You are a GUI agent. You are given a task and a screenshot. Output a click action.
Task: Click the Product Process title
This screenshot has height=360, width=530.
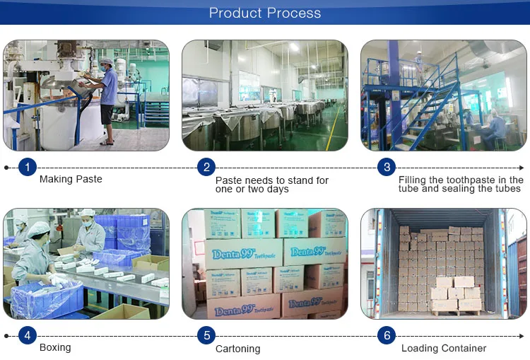[265, 13]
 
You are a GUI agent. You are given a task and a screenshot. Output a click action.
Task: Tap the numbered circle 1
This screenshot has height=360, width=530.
[28, 167]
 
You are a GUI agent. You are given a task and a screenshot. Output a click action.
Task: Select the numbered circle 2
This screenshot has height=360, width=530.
[206, 167]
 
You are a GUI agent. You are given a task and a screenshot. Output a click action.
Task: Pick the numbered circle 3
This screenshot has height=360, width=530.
[387, 167]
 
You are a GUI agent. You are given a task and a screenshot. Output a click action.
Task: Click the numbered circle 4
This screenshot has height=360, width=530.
[28, 335]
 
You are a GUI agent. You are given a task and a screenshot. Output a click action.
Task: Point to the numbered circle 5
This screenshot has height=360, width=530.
[206, 335]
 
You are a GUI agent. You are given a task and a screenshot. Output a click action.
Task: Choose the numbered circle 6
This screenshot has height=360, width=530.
[387, 335]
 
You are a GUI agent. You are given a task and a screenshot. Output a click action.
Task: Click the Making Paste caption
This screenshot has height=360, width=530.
[71, 179]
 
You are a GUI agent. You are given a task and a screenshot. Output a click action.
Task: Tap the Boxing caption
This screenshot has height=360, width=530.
[55, 347]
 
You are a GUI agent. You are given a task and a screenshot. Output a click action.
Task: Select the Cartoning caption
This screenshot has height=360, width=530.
[238, 349]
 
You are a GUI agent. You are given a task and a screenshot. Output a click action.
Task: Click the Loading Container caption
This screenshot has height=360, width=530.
[444, 348]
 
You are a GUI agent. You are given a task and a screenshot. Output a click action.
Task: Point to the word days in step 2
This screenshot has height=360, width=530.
[276, 189]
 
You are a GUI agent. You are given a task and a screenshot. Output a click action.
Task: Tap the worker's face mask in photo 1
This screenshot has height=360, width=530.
[103, 69]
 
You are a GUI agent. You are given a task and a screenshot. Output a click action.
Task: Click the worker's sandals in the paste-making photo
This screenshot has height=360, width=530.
[107, 143]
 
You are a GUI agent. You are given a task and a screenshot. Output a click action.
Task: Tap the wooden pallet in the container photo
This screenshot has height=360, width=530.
[457, 313]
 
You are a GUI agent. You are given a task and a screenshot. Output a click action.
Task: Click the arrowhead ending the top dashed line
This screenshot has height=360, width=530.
[522, 168]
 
